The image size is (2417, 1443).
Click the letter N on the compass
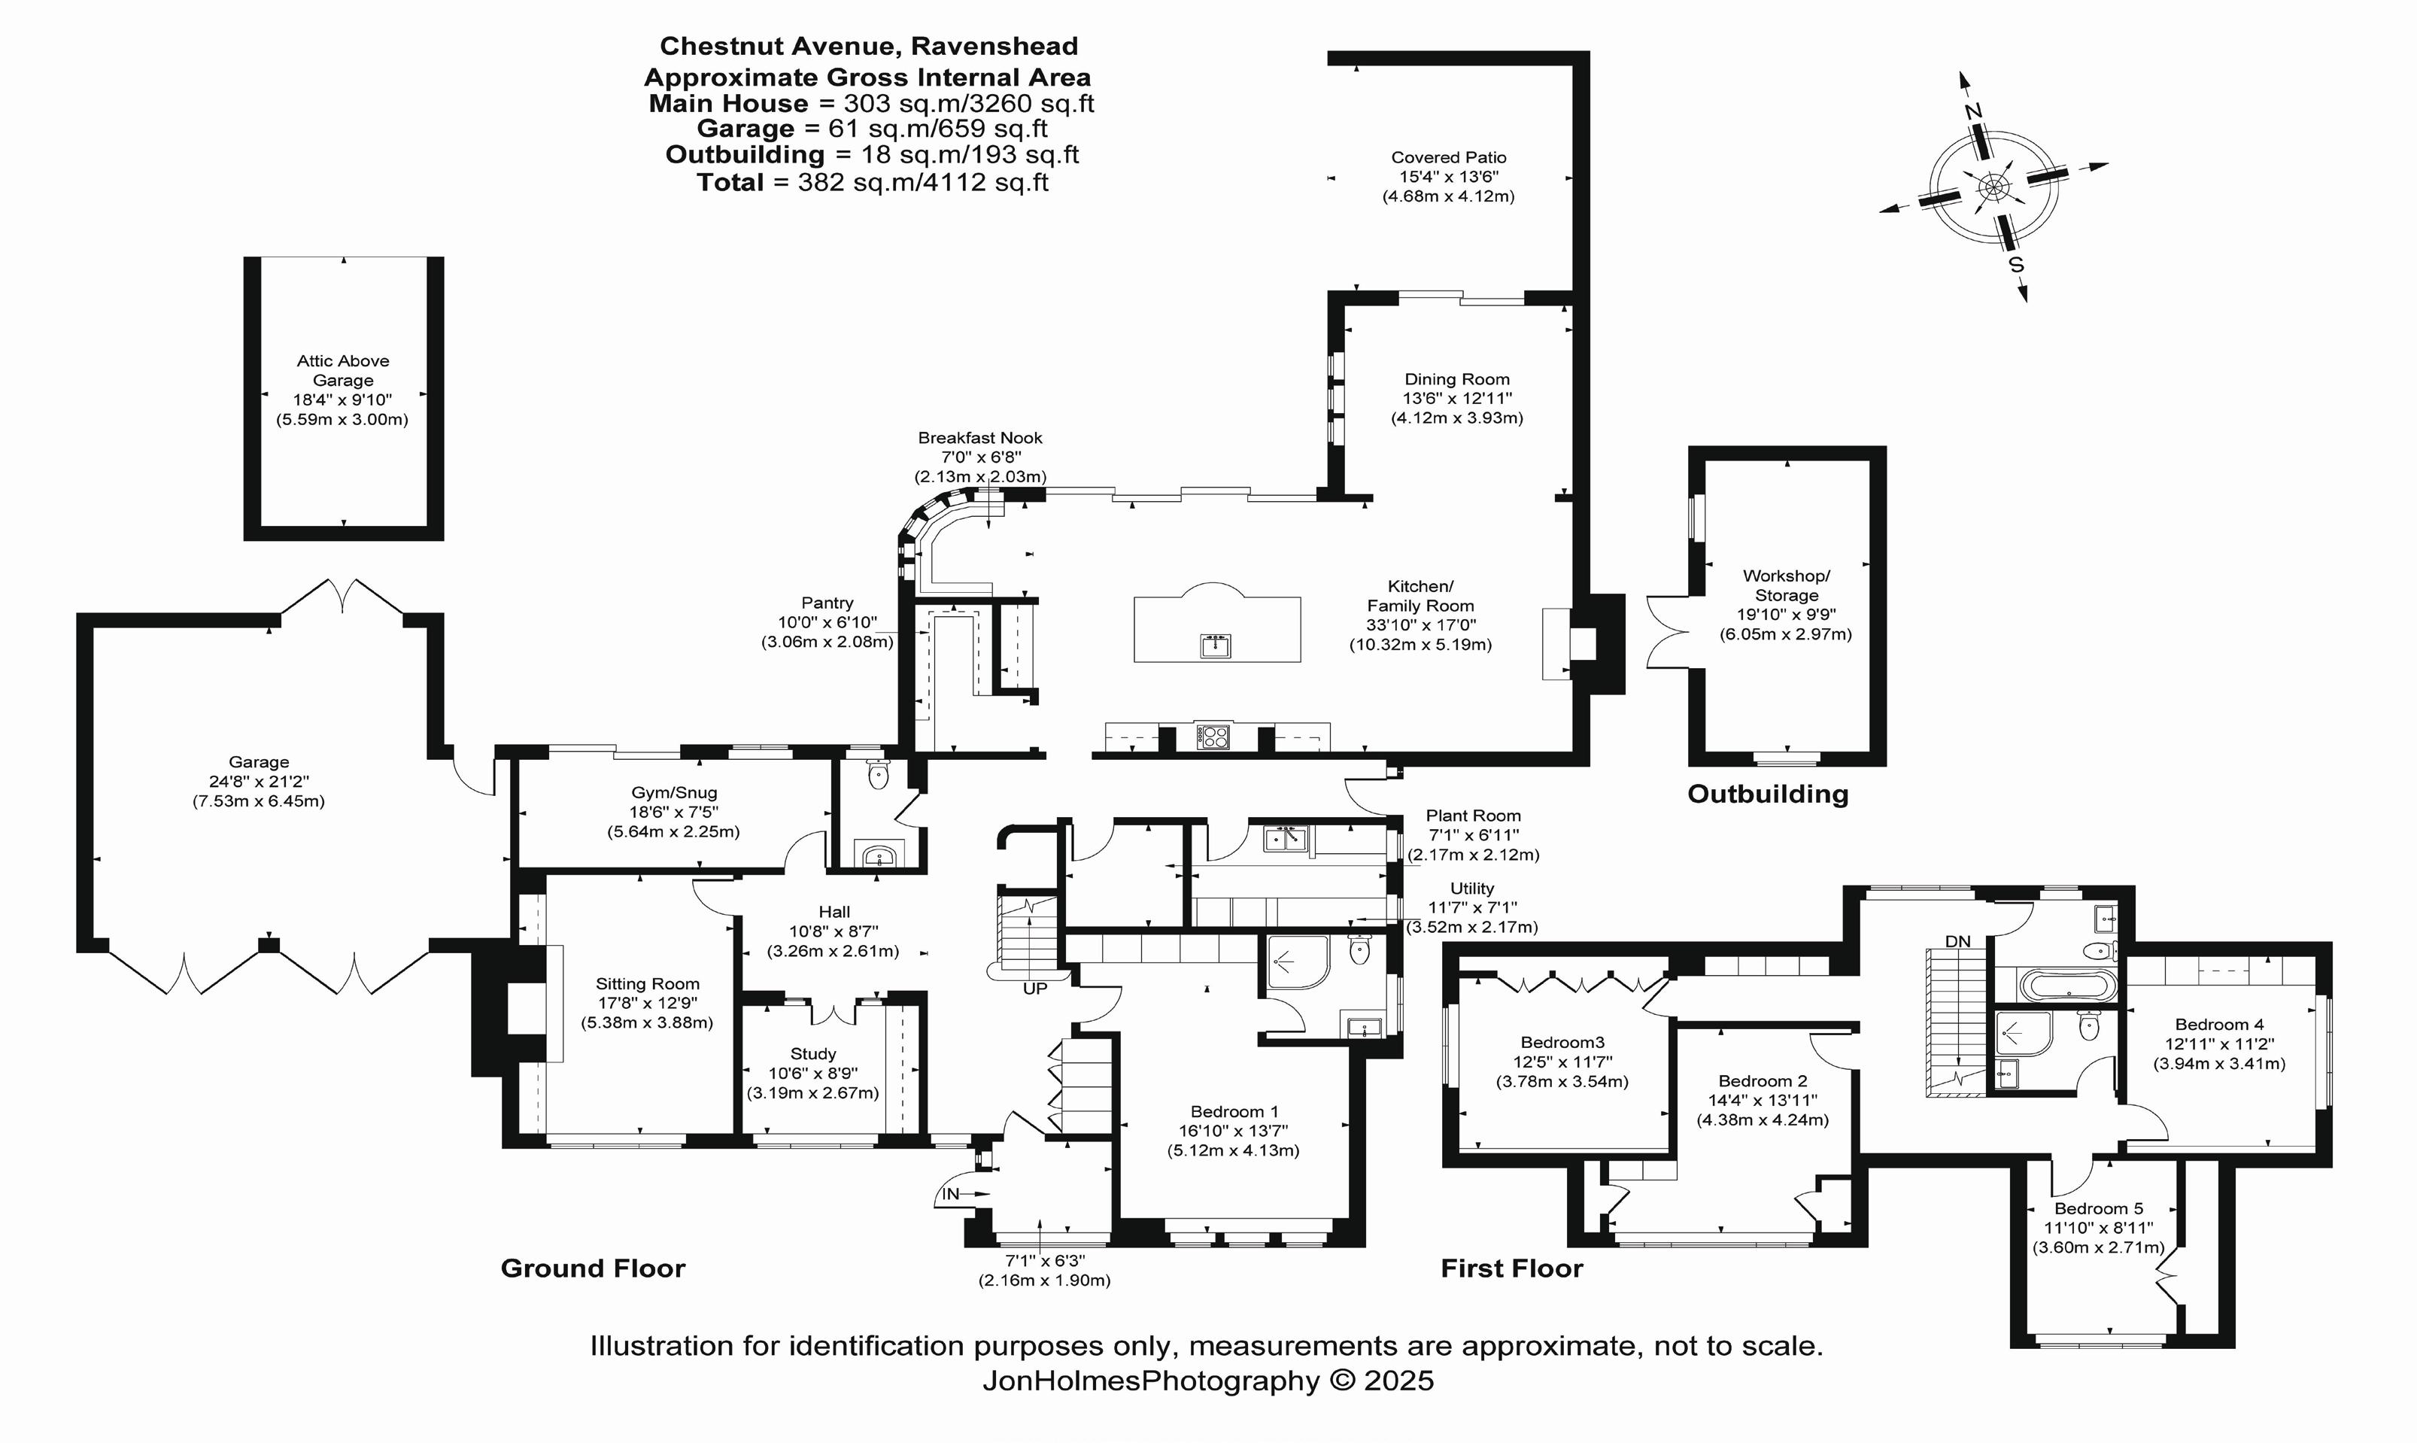[1972, 112]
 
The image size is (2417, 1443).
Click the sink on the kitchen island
[1216, 645]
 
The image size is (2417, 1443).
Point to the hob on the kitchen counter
[1213, 737]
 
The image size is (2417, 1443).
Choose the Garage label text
[259, 762]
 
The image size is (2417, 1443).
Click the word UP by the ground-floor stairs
[1034, 988]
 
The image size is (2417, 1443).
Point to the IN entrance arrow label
[950, 1194]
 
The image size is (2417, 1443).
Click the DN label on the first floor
[1958, 941]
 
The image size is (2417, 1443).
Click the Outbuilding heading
[1768, 794]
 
